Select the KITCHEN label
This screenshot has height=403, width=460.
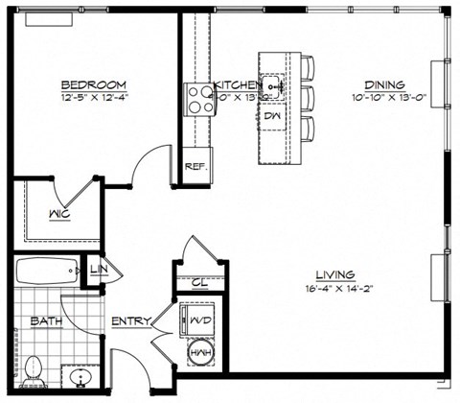(x=237, y=83)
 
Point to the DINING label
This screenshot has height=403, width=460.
(x=383, y=83)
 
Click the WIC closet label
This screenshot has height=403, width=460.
(x=58, y=213)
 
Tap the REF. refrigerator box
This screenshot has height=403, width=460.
(x=195, y=165)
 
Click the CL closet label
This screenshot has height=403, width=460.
(x=199, y=282)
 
